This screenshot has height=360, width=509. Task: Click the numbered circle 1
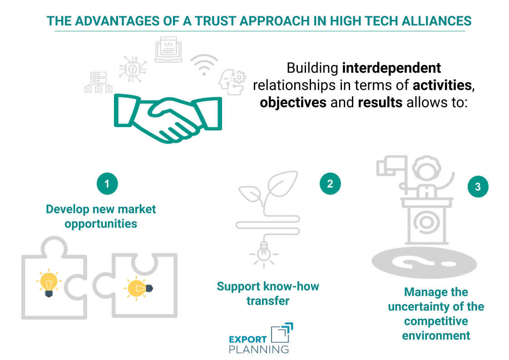[x=107, y=184]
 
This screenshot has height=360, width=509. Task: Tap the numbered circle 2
[x=330, y=183]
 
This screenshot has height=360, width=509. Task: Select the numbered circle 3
[x=478, y=187]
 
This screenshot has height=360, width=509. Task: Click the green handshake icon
[x=168, y=117]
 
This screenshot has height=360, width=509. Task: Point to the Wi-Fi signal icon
[x=204, y=65]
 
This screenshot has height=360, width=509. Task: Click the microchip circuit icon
[x=133, y=69]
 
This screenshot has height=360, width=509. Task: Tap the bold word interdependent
[x=391, y=68]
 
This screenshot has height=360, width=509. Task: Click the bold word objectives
[x=293, y=102]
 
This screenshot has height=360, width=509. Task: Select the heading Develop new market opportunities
[x=101, y=216]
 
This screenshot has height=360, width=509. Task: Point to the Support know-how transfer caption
[x=268, y=293]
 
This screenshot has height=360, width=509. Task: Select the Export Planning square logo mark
[x=282, y=334]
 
